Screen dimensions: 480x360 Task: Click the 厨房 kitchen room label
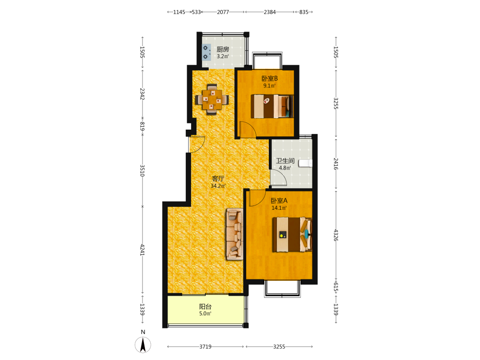[223, 49]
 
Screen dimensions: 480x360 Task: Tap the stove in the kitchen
[206, 52]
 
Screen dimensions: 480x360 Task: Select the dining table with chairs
[212, 99]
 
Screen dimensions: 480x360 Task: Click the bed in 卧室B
[272, 106]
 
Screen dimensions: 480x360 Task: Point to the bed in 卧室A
[292, 235]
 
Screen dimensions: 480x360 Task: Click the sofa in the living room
[235, 234]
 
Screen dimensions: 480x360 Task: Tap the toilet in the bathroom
[305, 163]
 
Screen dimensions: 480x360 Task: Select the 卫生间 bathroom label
[285, 161]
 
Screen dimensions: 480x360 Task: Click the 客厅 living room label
[218, 179]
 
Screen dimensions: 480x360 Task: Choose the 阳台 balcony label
[205, 306]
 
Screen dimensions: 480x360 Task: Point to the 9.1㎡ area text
[270, 86]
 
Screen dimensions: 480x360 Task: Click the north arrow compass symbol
[143, 344]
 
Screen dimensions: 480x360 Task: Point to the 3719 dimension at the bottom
[205, 347]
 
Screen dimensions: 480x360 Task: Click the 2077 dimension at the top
[223, 12]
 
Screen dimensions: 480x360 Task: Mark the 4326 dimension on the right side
[336, 235]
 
